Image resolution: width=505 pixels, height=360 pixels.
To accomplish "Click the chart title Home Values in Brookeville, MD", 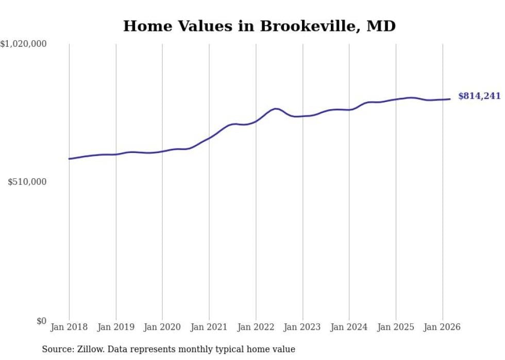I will pyautogui.click(x=259, y=26).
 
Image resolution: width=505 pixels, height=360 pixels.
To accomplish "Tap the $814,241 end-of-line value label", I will pyautogui.click(x=479, y=96).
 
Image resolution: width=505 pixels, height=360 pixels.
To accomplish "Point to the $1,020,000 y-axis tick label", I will pyautogui.click(x=23, y=45).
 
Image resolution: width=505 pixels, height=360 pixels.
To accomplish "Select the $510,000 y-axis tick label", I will pyautogui.click(x=27, y=182).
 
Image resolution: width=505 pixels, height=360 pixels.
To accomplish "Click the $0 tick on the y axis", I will pyautogui.click(x=41, y=321).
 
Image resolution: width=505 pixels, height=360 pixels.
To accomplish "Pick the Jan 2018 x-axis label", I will pyautogui.click(x=69, y=327).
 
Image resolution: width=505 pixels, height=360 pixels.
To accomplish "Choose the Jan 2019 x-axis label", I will pyautogui.click(x=115, y=327).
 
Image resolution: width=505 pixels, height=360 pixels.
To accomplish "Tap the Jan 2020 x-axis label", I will pyautogui.click(x=162, y=327).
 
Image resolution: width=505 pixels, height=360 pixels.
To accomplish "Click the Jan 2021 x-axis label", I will pyautogui.click(x=209, y=327).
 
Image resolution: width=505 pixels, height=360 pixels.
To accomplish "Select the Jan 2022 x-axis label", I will pyautogui.click(x=256, y=327).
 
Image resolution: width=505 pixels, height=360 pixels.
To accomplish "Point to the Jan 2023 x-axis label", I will pyautogui.click(x=302, y=327).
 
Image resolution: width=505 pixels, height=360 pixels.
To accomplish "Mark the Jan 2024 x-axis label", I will pyautogui.click(x=349, y=327).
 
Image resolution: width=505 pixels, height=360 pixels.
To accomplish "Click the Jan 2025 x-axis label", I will pyautogui.click(x=396, y=327).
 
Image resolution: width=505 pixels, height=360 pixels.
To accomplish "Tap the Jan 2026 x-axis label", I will pyautogui.click(x=442, y=327).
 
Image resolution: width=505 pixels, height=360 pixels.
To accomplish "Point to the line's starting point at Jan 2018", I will pyautogui.click(x=69, y=159).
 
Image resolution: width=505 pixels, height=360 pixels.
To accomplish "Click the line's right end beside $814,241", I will pyautogui.click(x=450, y=99).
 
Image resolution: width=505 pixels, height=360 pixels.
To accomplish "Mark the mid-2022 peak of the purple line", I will pyautogui.click(x=276, y=109).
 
